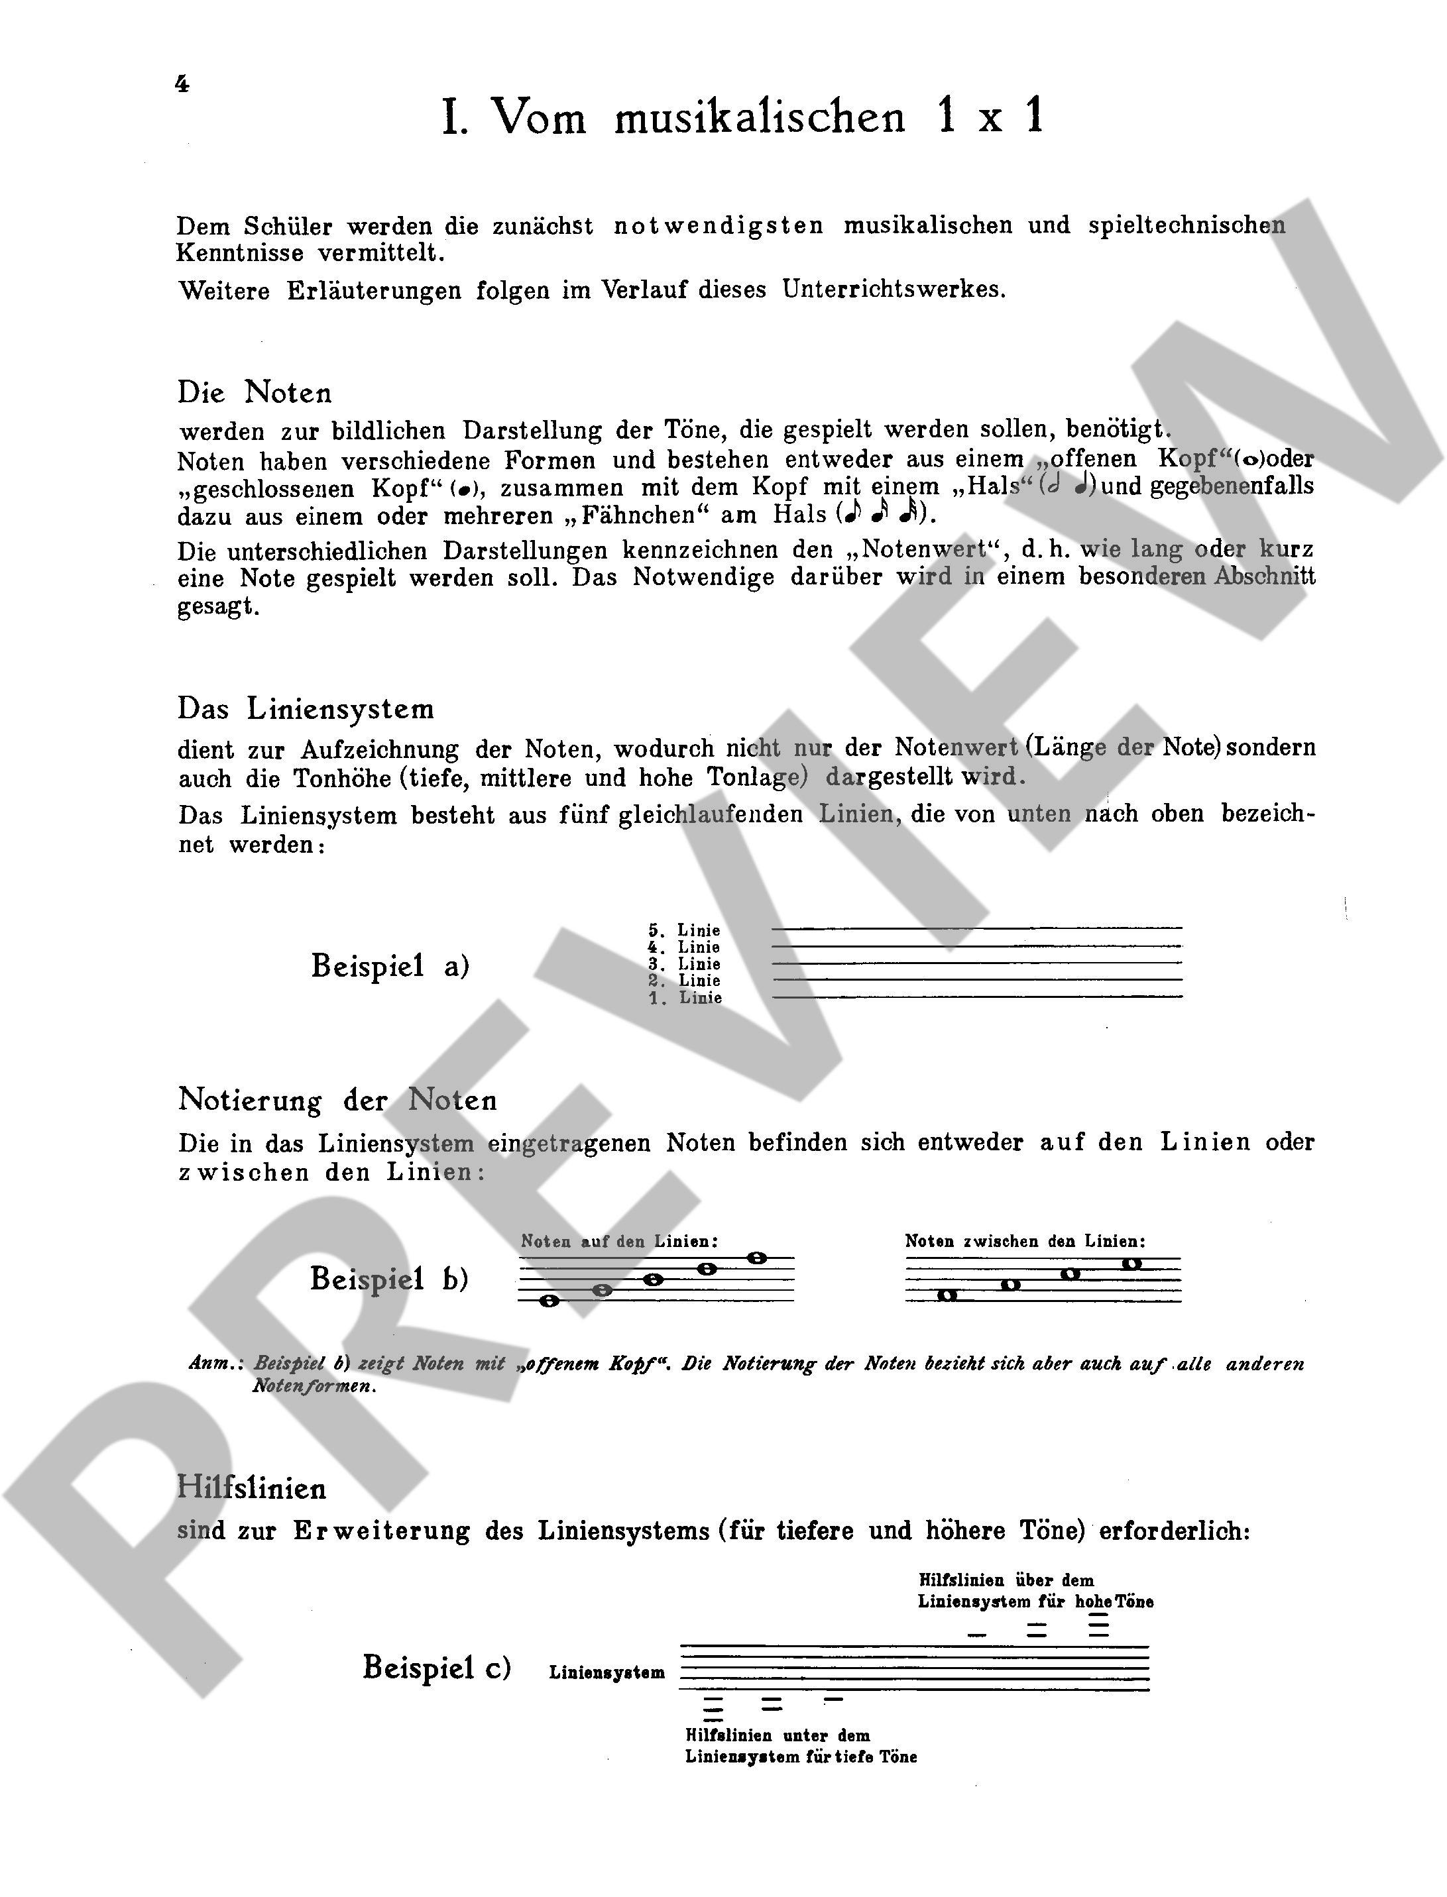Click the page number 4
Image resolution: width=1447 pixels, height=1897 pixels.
point(182,83)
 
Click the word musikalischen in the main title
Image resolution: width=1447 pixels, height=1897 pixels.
point(759,118)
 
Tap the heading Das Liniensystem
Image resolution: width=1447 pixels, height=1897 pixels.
point(306,709)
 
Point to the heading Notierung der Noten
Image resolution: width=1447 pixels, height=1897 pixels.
point(337,1100)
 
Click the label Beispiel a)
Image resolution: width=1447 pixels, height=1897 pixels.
point(389,965)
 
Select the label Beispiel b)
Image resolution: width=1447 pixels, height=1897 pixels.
point(389,1278)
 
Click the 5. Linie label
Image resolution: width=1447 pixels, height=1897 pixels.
point(684,930)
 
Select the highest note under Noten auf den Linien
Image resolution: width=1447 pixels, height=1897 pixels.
point(756,1258)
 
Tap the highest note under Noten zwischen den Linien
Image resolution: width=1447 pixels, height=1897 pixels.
point(1131,1264)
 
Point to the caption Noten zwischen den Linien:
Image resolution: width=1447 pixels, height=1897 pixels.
point(1025,1241)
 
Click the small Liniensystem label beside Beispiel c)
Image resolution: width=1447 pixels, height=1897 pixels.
point(607,1673)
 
